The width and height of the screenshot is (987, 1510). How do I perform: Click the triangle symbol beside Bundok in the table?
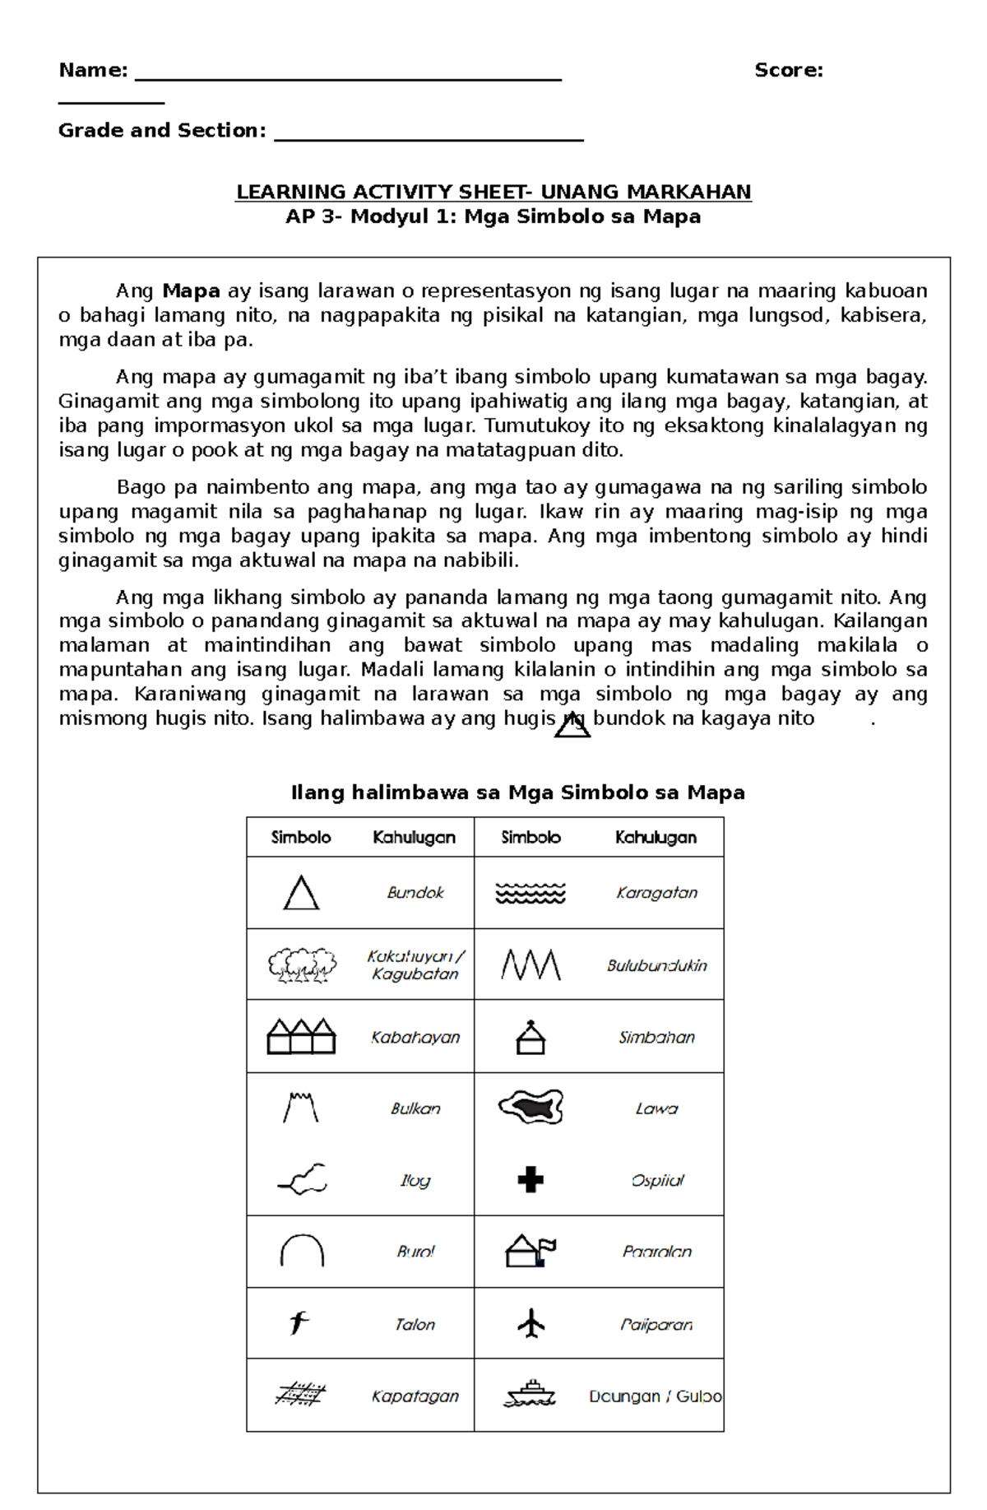[x=301, y=893]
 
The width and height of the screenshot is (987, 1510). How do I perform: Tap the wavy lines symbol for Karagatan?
[x=531, y=893]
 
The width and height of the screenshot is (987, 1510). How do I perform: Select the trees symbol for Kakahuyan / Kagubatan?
[x=302, y=964]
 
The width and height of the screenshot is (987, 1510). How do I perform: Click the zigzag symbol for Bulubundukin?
[x=531, y=964]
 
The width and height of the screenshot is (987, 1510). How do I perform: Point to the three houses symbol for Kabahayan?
[x=301, y=1036]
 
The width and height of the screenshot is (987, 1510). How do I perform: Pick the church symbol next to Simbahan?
[x=531, y=1037]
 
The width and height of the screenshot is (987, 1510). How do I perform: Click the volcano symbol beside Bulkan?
[x=300, y=1108]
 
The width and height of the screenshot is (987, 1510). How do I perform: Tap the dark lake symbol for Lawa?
[x=531, y=1107]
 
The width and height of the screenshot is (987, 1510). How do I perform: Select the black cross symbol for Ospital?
[x=531, y=1179]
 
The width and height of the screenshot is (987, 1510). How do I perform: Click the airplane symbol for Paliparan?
[x=531, y=1323]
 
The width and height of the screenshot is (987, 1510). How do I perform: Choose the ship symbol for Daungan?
[x=531, y=1395]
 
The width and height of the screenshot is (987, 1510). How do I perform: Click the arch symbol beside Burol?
[x=302, y=1251]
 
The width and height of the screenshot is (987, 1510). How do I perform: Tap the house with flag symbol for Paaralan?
[x=531, y=1251]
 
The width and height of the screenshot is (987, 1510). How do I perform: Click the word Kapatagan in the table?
[x=415, y=1396]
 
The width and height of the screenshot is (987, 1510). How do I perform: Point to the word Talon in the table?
[x=415, y=1324]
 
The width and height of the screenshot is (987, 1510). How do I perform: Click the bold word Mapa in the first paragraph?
[x=191, y=290]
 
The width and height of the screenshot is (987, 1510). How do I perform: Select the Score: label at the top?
[x=788, y=70]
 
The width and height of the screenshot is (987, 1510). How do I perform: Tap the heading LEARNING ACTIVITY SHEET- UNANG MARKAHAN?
[x=493, y=192]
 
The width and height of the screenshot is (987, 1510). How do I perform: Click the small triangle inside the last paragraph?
[x=572, y=725]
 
